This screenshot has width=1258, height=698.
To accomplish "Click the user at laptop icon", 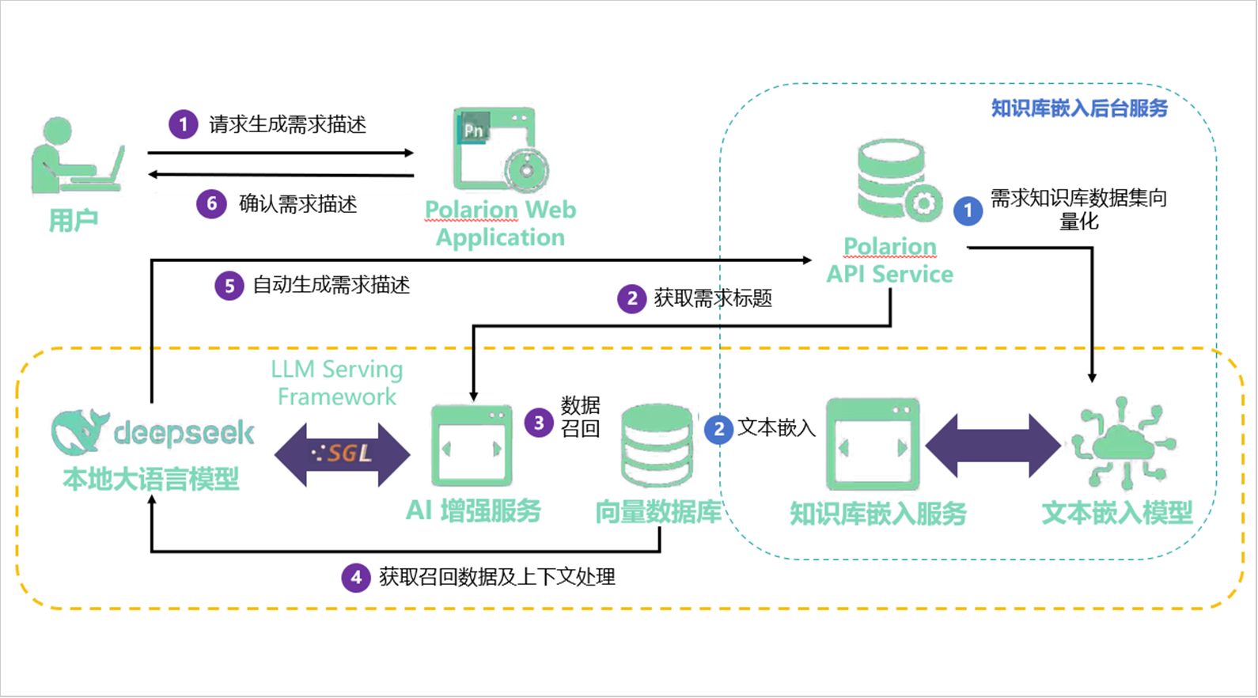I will pyautogui.click(x=77, y=156).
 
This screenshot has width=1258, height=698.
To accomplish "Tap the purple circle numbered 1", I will pyautogui.click(x=184, y=124).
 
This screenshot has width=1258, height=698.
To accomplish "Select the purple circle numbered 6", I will pyautogui.click(x=211, y=204).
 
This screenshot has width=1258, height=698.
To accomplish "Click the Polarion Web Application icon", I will pyautogui.click(x=500, y=150).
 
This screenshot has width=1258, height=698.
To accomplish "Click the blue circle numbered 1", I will pyautogui.click(x=968, y=211).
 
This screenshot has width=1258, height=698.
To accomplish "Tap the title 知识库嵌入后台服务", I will pyautogui.click(x=1079, y=108).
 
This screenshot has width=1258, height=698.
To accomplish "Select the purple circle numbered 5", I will pyautogui.click(x=229, y=286).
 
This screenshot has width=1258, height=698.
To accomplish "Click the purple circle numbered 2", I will pyautogui.click(x=631, y=299).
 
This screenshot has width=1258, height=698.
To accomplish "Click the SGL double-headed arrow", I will pyautogui.click(x=343, y=454).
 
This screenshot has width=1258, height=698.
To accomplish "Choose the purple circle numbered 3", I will pyautogui.click(x=539, y=423).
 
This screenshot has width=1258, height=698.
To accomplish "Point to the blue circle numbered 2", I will pyautogui.click(x=718, y=430).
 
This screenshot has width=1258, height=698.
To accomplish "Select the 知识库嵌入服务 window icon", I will pyautogui.click(x=873, y=445).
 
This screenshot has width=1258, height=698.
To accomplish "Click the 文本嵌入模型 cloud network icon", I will pyautogui.click(x=1123, y=444).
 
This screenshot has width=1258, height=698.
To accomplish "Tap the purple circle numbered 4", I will pyautogui.click(x=356, y=578).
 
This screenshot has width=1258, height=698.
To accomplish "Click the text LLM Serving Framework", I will pyautogui.click(x=337, y=383).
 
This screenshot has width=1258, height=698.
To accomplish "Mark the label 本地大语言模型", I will pyautogui.click(x=150, y=480).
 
